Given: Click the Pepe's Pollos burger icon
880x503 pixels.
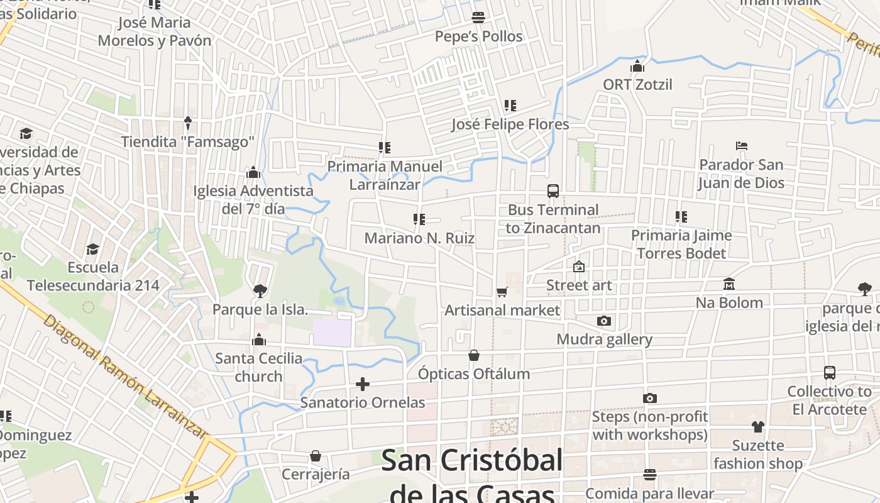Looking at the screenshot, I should (x=478, y=17).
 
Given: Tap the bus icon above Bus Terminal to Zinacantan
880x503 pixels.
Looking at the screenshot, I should (x=553, y=191).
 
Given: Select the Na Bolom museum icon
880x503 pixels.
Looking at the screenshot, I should (x=729, y=284).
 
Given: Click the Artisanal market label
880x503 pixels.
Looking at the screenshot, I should (x=502, y=310).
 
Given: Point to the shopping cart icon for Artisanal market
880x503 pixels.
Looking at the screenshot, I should (x=502, y=292).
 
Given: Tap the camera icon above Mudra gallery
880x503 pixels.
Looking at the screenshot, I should (x=604, y=321).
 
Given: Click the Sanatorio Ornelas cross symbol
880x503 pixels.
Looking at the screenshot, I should (x=363, y=384).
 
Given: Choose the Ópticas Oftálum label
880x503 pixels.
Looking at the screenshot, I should (x=474, y=373).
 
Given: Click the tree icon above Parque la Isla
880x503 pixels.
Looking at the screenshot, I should (x=260, y=290).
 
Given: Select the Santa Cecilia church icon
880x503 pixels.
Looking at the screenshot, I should (x=259, y=340).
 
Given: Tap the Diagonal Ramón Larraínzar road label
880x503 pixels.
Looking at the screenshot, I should (x=125, y=378).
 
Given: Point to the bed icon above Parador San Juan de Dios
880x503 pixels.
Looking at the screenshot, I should (x=742, y=146).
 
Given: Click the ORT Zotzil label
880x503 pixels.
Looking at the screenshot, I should (x=637, y=84).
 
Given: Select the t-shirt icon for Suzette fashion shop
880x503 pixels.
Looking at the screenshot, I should (x=758, y=426).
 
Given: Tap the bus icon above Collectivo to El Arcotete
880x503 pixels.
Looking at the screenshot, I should (x=830, y=372).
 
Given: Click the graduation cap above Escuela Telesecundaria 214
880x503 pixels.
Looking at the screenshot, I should (x=93, y=249).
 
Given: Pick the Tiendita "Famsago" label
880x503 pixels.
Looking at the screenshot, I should (x=187, y=141).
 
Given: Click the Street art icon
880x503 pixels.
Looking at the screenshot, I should (x=579, y=267).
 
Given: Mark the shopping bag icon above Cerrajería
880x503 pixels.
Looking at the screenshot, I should (x=316, y=455).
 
